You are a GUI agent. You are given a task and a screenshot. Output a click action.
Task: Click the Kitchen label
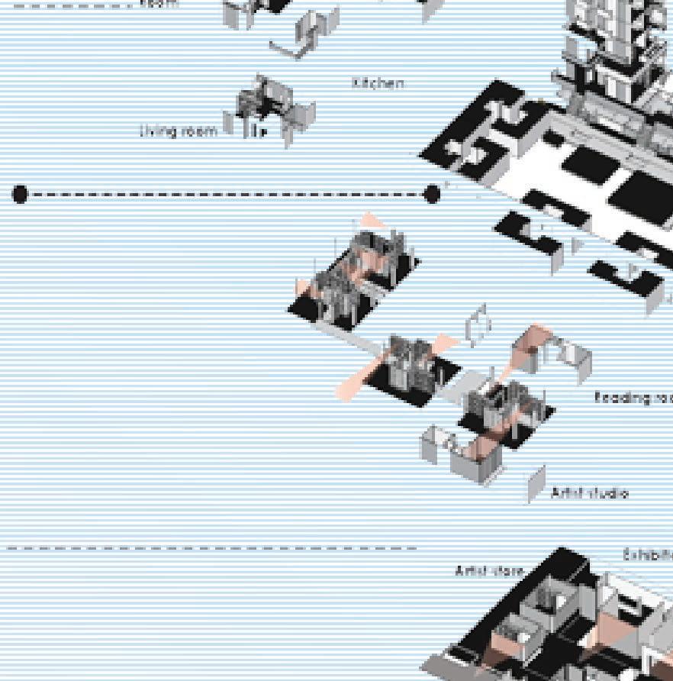click(378, 82)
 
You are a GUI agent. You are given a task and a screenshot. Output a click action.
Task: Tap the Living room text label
click(179, 131)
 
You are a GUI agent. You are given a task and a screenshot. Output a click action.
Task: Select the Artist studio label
click(589, 493)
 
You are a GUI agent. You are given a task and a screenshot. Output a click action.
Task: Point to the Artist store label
click(490, 570)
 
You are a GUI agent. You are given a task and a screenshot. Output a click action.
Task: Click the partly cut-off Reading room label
click(633, 397)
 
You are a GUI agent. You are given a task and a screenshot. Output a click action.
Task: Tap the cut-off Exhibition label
click(648, 555)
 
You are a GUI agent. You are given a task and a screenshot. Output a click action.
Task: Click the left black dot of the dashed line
click(21, 195)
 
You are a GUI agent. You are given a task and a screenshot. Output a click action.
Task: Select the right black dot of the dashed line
click(432, 195)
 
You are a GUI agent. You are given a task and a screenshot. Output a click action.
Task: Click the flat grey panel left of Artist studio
click(537, 483)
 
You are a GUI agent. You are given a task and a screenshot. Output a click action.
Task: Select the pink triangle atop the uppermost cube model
click(372, 222)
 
